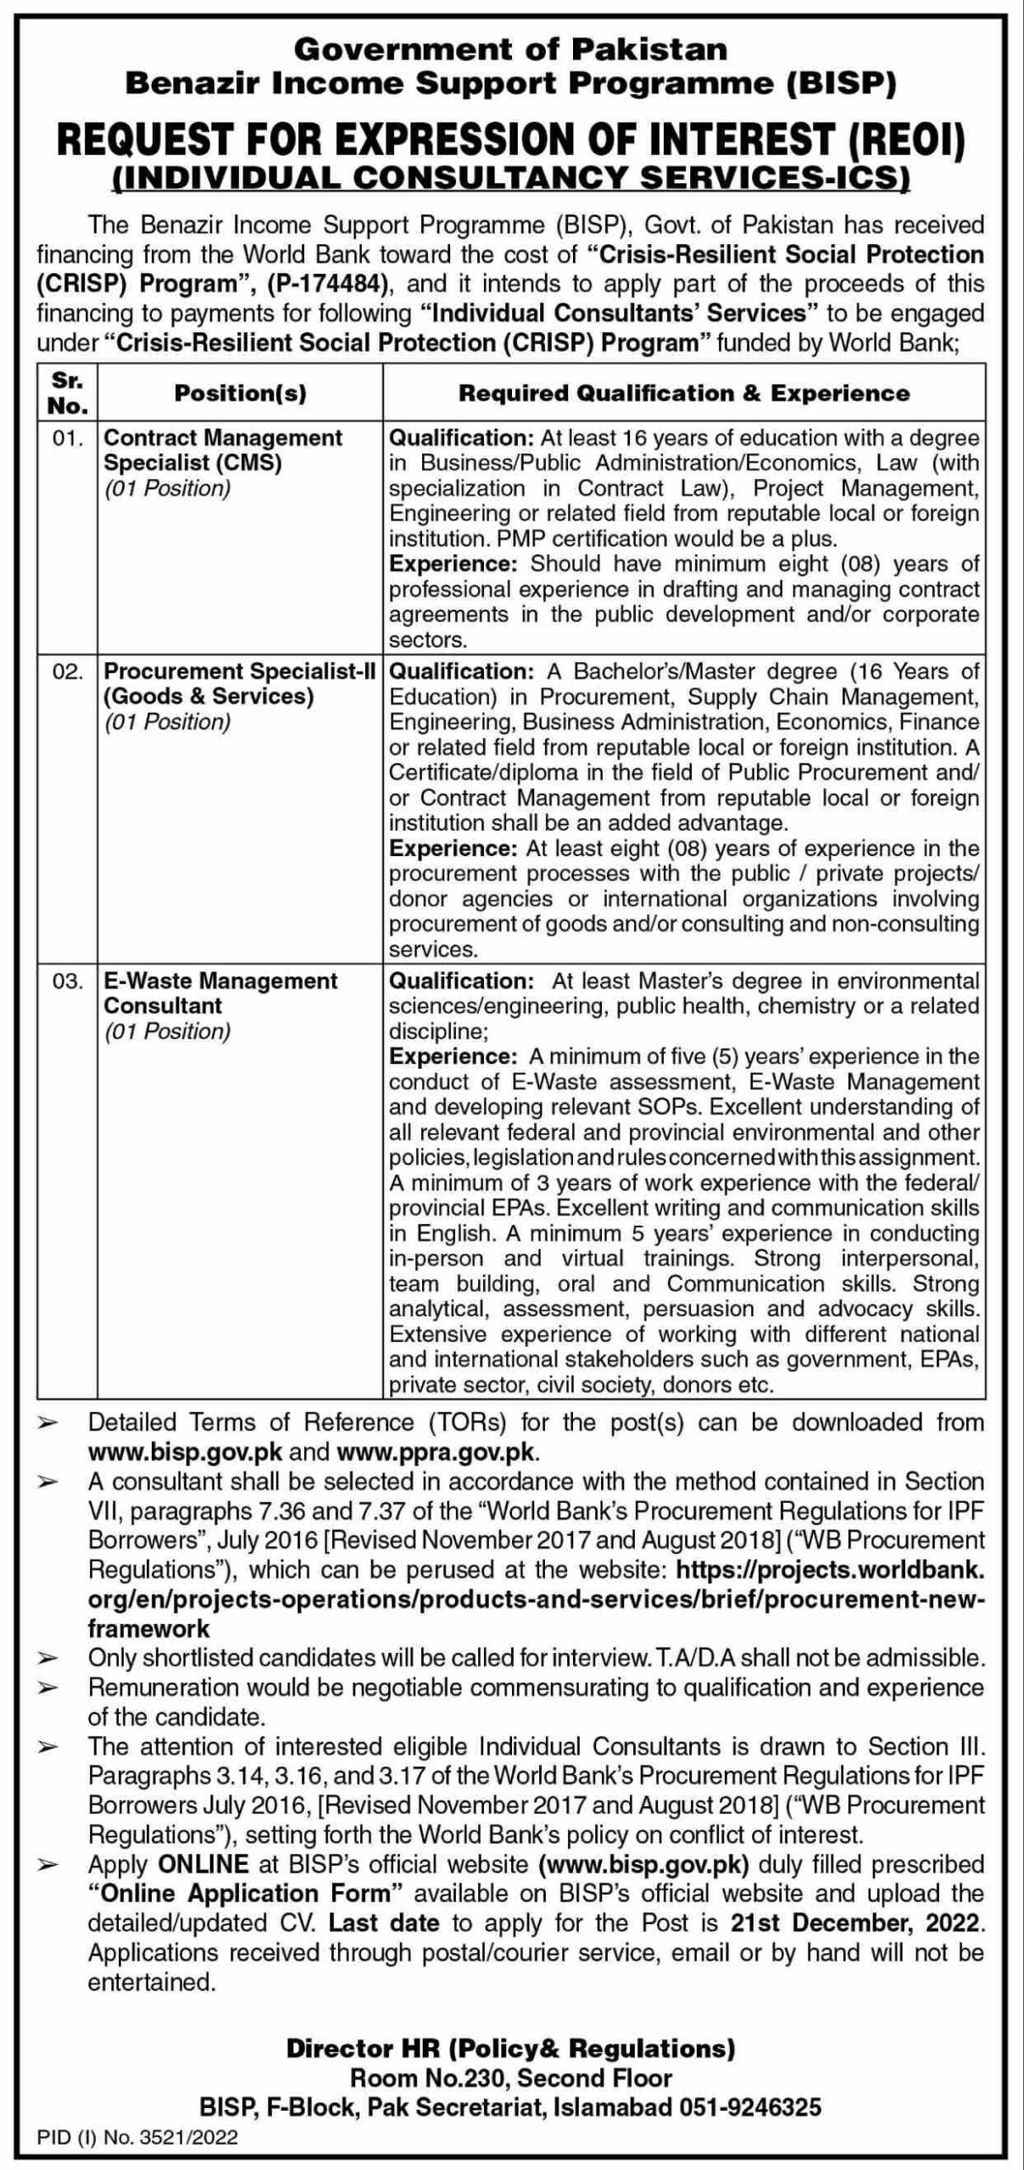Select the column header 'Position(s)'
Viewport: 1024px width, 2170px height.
point(240,393)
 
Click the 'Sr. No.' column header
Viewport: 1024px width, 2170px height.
point(68,393)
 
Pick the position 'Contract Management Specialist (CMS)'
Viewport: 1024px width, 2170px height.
point(222,450)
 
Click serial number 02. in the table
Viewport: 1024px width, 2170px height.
point(68,671)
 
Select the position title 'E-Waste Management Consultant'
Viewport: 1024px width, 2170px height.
point(220,993)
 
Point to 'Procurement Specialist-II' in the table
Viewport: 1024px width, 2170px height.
point(239,671)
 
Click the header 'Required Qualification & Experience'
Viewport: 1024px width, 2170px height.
point(683,393)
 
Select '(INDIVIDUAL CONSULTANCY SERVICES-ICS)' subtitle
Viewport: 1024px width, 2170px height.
point(510,176)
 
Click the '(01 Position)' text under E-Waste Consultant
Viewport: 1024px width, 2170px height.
point(167,1032)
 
